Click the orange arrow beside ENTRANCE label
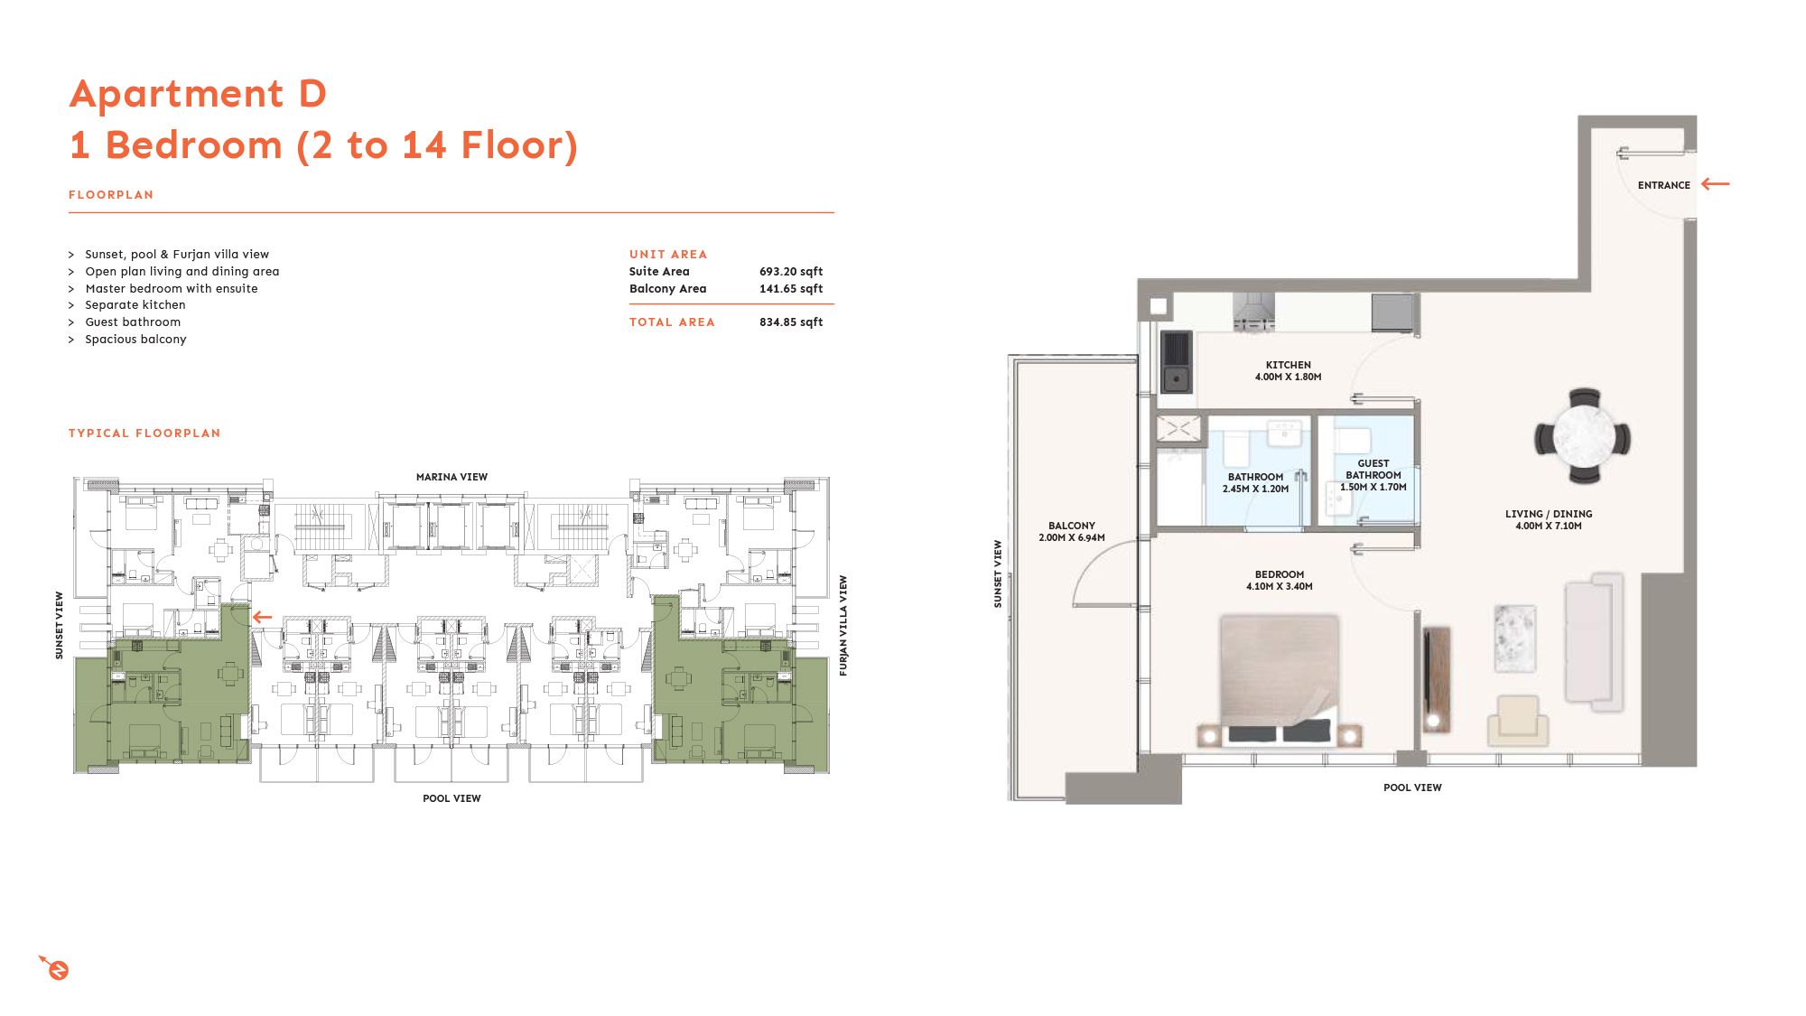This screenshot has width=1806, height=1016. pyautogui.click(x=1715, y=184)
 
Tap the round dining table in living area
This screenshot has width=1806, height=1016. pyautogui.click(x=1584, y=437)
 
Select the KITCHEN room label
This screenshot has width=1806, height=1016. pyautogui.click(x=1288, y=365)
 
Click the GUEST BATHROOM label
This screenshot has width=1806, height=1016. pyautogui.click(x=1373, y=469)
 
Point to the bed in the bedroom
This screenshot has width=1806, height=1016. pyautogui.click(x=1280, y=677)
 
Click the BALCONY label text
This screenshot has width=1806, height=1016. pyautogui.click(x=1071, y=526)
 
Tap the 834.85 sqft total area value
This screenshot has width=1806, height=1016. pyautogui.click(x=790, y=322)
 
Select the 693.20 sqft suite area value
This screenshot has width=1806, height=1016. pyautogui.click(x=790, y=272)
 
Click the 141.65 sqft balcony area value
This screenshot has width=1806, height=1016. pyautogui.click(x=790, y=289)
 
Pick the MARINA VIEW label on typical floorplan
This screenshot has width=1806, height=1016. pyautogui.click(x=451, y=477)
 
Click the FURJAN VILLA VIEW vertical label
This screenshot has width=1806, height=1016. pyautogui.click(x=843, y=626)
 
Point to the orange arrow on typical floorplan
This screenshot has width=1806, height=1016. pyautogui.click(x=262, y=617)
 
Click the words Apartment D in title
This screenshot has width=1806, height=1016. pyautogui.click(x=198, y=94)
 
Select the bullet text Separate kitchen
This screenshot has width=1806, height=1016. pyautogui.click(x=135, y=305)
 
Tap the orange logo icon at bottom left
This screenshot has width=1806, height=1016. pyautogui.click(x=56, y=968)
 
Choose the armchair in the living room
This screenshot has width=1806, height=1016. pyautogui.click(x=1518, y=719)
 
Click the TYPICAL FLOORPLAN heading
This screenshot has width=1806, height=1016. pyautogui.click(x=144, y=433)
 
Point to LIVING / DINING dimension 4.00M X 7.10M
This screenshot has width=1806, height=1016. pyautogui.click(x=1548, y=526)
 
